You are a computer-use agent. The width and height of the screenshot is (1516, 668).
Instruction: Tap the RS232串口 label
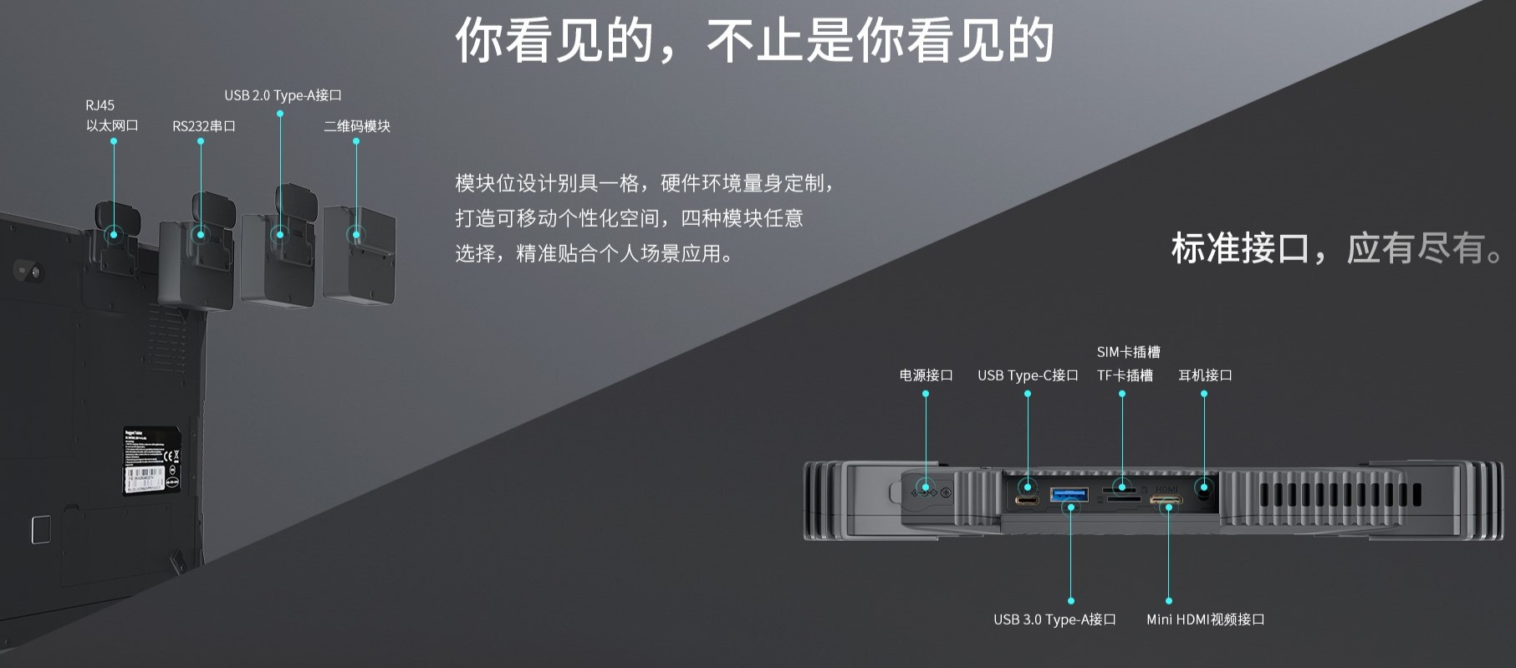(x=204, y=126)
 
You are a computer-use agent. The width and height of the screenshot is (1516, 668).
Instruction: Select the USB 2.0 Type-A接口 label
(x=283, y=95)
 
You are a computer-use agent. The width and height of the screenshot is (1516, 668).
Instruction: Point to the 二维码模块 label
(x=357, y=126)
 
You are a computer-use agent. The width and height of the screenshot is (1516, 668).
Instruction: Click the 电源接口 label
(x=926, y=375)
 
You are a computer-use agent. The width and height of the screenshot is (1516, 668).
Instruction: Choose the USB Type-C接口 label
(x=1028, y=375)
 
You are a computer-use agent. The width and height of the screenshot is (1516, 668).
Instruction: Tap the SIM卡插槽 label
(x=1128, y=352)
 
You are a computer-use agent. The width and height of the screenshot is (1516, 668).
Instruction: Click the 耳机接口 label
(x=1205, y=375)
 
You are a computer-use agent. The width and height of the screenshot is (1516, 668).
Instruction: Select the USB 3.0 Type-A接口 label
(x=1054, y=620)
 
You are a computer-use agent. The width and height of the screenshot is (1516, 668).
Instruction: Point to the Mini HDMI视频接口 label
(x=1205, y=620)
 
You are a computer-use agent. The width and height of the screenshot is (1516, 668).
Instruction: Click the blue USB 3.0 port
(x=1069, y=495)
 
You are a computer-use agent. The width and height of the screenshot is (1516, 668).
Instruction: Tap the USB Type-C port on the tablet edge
(x=1027, y=501)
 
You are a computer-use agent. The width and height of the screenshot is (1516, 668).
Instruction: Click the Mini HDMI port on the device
(x=1166, y=502)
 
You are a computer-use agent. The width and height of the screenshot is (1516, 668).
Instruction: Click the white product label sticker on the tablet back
(x=152, y=459)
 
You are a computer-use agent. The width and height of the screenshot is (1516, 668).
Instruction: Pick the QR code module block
(x=358, y=255)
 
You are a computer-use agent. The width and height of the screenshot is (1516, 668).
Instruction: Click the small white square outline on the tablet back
(x=41, y=529)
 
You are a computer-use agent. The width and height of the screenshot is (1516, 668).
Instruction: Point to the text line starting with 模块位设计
(x=644, y=183)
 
